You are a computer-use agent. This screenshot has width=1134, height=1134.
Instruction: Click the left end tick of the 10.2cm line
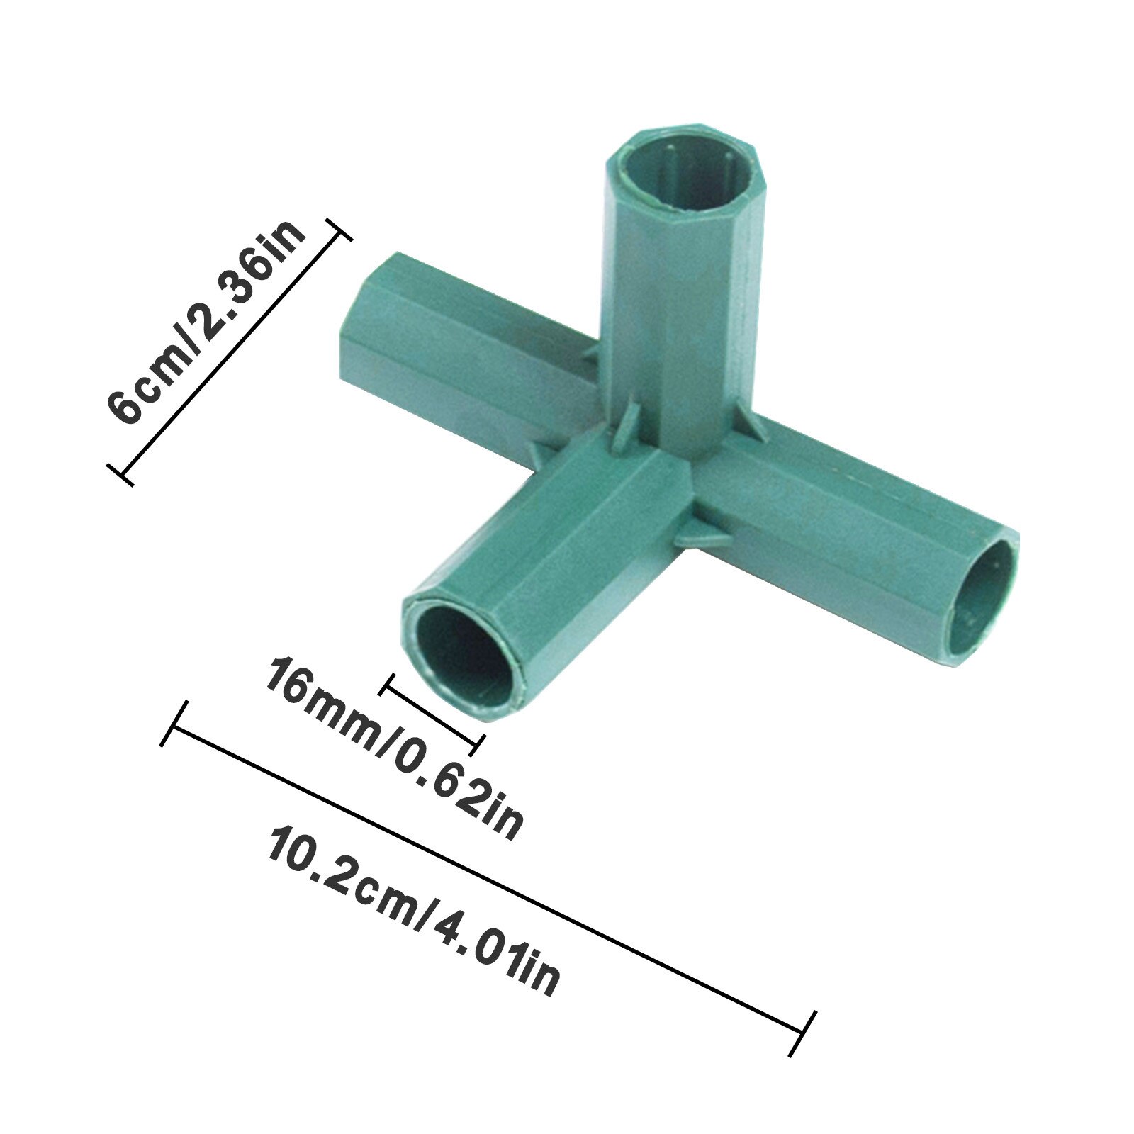(174, 723)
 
